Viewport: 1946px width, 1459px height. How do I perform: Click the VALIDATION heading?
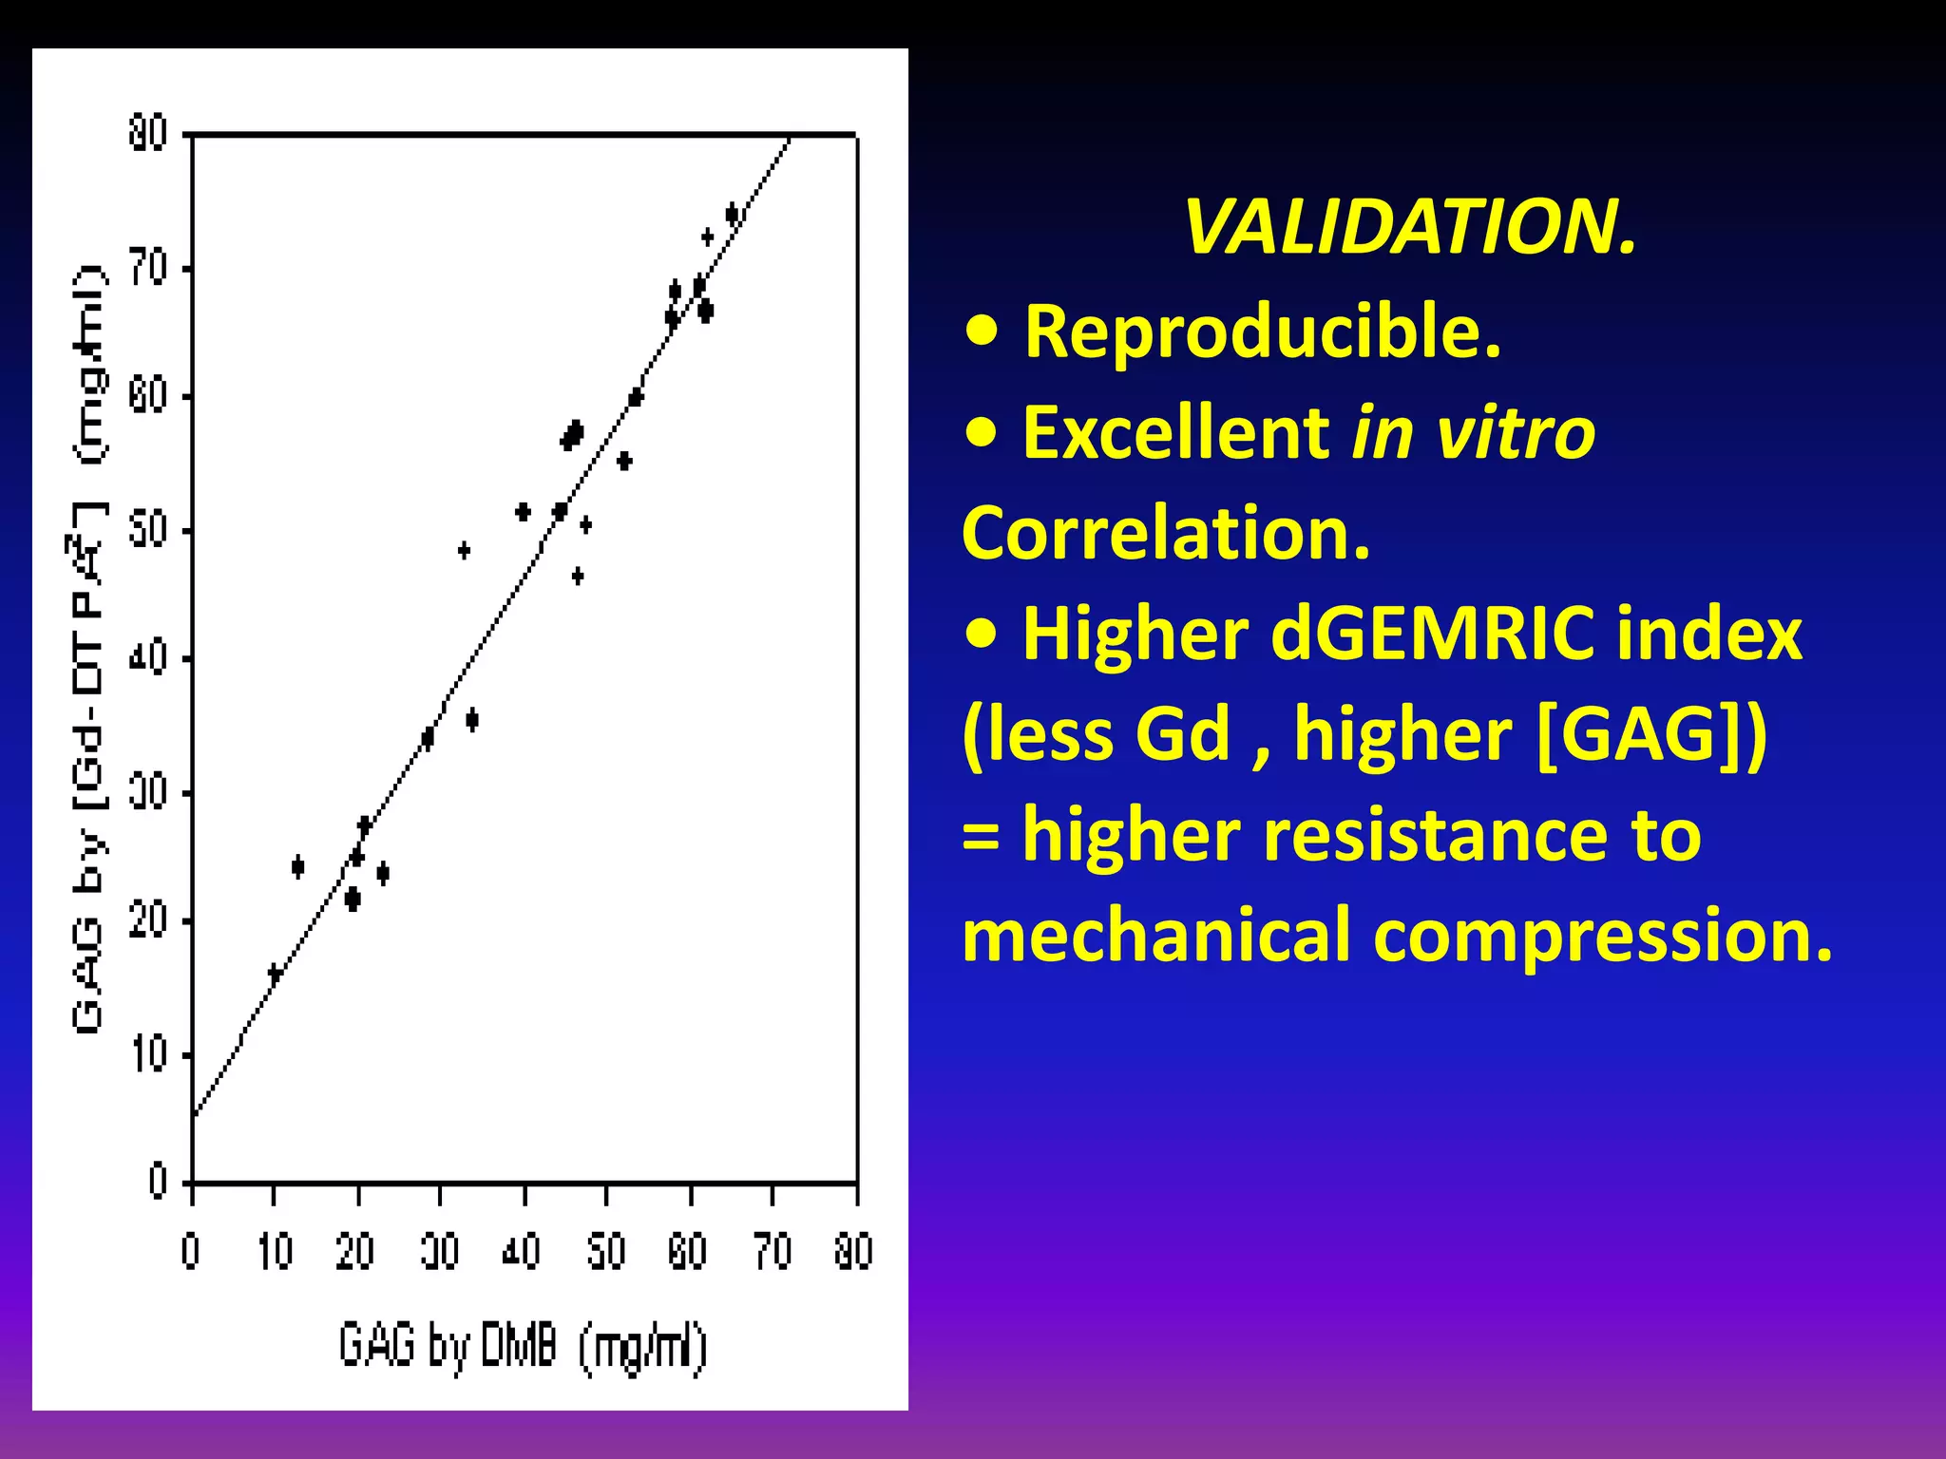tap(1410, 228)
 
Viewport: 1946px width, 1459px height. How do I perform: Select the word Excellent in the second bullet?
tap(1174, 432)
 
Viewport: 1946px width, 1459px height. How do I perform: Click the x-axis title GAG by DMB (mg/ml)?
tap(523, 1346)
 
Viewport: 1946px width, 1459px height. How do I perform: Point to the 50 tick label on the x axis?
tap(605, 1252)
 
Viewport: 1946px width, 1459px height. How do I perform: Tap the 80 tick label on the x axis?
tap(853, 1252)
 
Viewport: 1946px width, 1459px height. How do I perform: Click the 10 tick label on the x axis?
tap(275, 1252)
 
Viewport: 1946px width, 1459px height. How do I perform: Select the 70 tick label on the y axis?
tap(148, 269)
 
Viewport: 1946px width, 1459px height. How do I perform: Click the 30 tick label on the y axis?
tap(148, 791)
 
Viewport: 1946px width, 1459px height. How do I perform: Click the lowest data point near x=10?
tap(275, 974)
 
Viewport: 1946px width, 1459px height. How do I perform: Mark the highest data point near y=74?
tap(732, 214)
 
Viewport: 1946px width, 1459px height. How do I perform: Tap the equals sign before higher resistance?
tap(981, 837)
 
